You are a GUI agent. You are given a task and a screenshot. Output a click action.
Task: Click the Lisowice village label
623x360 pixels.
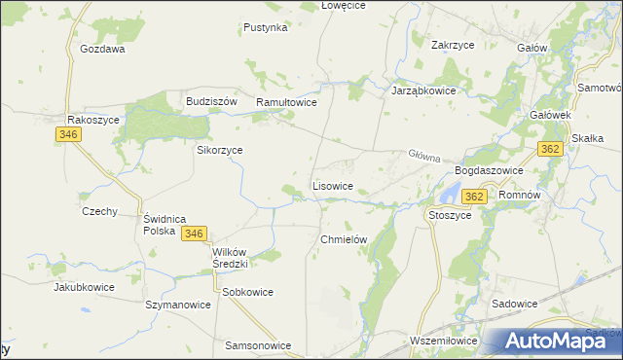click(x=339, y=185)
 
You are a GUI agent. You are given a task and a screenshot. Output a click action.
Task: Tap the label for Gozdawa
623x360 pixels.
click(x=103, y=49)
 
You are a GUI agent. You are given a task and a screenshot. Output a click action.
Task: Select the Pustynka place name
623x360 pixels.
click(x=266, y=28)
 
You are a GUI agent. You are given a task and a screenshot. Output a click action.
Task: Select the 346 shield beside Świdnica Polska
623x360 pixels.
click(x=194, y=234)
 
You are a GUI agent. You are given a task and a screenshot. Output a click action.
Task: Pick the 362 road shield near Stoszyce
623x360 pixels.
click(x=474, y=197)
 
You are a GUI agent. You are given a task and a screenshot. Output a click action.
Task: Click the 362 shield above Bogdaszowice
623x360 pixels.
click(x=551, y=149)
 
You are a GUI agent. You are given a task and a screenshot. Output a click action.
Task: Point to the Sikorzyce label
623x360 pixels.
click(x=220, y=151)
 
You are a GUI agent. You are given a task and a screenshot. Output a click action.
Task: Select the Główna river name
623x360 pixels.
click(x=424, y=156)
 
